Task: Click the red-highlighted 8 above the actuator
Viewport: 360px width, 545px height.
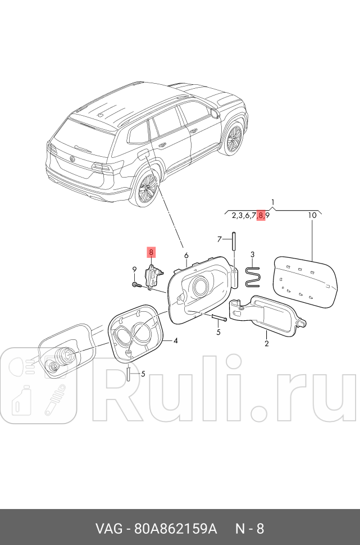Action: point(151,252)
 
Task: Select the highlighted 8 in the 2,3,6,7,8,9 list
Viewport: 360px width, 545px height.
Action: point(261,215)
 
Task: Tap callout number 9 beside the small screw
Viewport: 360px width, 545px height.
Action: point(134,270)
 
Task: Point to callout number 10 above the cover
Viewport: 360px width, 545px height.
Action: point(312,215)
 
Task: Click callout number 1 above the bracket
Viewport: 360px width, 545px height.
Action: point(272,202)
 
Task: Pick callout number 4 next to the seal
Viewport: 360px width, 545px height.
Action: point(176,340)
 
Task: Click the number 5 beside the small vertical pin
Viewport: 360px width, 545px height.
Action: point(143,374)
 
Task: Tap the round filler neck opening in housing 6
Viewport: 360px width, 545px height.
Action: point(200,287)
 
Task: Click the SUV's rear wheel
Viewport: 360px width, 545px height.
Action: point(147,189)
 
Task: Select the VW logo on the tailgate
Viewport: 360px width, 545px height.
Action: point(72,159)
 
